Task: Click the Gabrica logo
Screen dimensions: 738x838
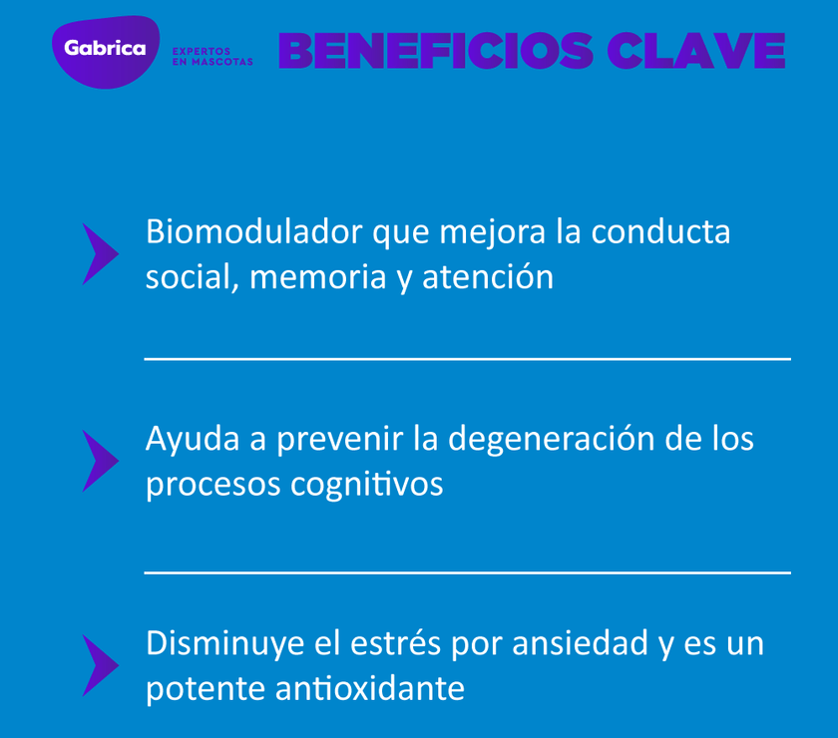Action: point(105,50)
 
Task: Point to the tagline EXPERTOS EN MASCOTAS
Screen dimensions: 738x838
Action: point(212,57)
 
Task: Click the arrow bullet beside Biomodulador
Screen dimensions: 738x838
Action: point(99,254)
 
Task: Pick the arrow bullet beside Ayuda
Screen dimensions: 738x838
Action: point(99,461)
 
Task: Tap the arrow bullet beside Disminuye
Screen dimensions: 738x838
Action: point(99,665)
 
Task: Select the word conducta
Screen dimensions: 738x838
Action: point(660,231)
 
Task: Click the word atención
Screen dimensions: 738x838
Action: point(488,277)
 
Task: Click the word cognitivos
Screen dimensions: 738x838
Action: point(366,485)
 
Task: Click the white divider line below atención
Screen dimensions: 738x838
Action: point(467,358)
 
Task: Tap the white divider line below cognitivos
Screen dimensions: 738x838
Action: point(467,572)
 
